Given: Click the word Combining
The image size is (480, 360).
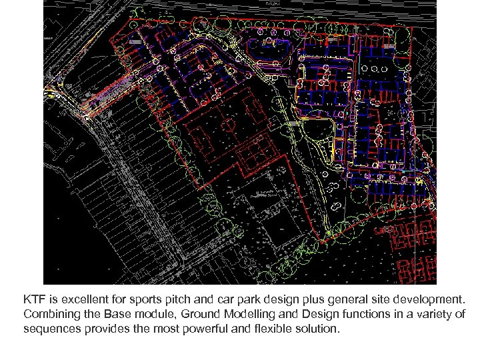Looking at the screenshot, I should pyautogui.click(x=50, y=313).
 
